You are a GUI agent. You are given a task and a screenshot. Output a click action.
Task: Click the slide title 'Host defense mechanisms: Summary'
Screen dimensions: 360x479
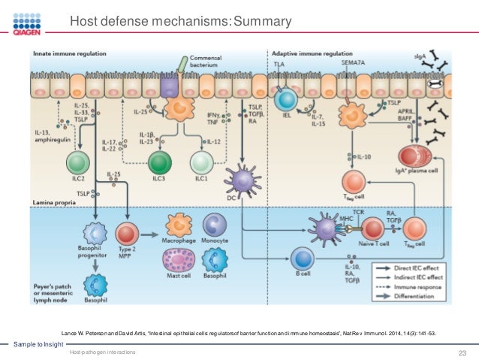[180, 22]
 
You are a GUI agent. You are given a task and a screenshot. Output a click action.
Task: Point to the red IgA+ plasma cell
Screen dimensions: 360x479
[414, 157]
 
